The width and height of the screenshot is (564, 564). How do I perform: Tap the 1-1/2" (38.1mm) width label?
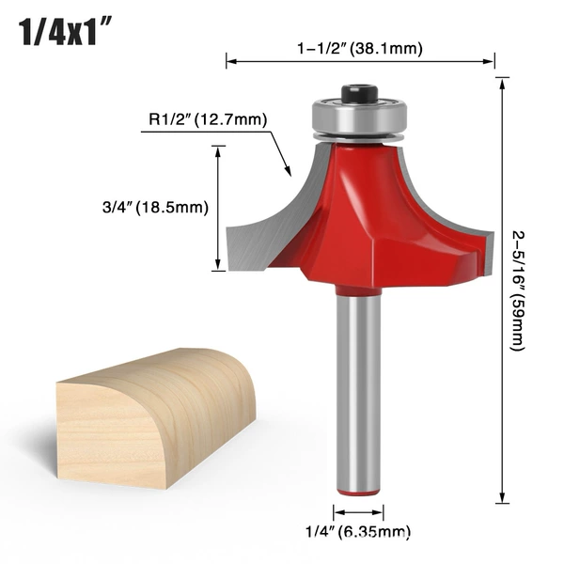[x=360, y=48]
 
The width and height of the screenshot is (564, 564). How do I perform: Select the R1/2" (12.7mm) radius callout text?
[x=208, y=119]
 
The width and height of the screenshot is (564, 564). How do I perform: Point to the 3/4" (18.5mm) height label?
[x=155, y=208]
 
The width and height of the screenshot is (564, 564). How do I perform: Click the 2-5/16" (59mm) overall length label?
[x=518, y=290]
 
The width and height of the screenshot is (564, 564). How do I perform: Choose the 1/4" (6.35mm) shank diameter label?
[x=358, y=531]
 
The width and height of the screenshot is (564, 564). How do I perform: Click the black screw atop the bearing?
[x=359, y=93]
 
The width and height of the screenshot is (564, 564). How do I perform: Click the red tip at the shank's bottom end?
[x=358, y=493]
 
